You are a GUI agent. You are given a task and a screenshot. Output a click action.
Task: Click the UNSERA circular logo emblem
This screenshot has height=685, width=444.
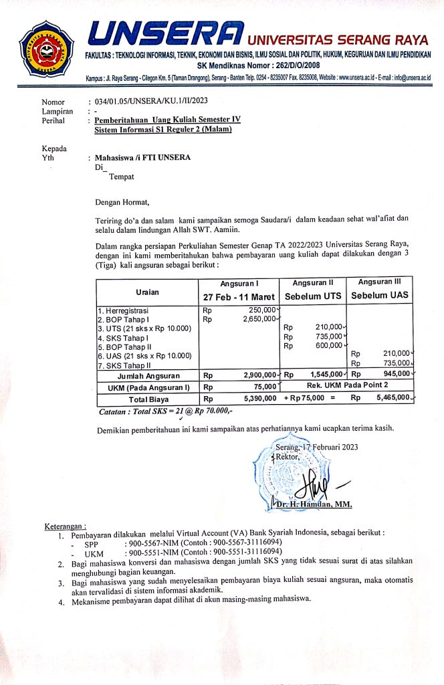45,47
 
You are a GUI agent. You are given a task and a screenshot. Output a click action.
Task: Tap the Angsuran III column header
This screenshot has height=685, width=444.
380,282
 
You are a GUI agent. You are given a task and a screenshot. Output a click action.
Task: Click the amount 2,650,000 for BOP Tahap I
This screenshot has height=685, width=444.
257,319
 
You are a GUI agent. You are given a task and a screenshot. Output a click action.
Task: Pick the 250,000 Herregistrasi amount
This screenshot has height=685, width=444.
261,310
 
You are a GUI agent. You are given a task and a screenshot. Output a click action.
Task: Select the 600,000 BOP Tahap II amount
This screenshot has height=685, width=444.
329,346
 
